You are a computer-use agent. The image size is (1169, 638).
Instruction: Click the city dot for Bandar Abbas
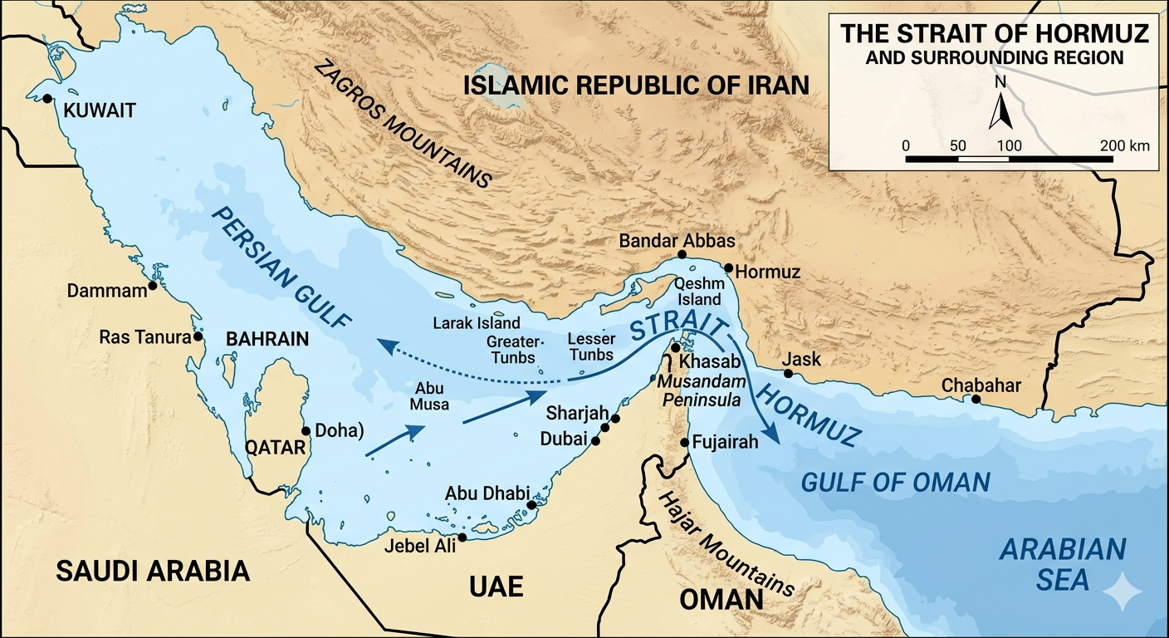pyautogui.click(x=682, y=254)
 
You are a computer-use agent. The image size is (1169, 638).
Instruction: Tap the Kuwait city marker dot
pyautogui.click(x=46, y=99)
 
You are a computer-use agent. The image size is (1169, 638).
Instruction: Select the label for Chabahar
pyautogui.click(x=981, y=385)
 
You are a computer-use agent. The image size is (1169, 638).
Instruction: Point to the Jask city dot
pyautogui.click(x=788, y=374)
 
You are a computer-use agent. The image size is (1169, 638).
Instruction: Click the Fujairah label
pyautogui.click(x=726, y=442)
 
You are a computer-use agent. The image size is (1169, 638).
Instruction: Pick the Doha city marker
pyautogui.click(x=306, y=430)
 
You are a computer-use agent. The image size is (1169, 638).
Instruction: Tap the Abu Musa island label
pyautogui.click(x=429, y=396)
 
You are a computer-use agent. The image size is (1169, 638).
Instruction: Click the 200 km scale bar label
pyautogui.click(x=1125, y=145)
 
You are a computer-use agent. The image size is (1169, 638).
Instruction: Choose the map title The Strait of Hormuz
pyautogui.click(x=995, y=34)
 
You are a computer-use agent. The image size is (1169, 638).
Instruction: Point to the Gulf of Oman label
pyautogui.click(x=895, y=482)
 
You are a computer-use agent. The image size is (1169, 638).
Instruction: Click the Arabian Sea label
pyautogui.click(x=1063, y=564)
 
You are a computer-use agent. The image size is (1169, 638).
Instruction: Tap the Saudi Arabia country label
pyautogui.click(x=153, y=571)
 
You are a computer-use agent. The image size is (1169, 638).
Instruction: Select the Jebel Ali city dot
pyautogui.click(x=462, y=537)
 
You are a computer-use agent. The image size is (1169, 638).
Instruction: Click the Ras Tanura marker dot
pyautogui.click(x=198, y=337)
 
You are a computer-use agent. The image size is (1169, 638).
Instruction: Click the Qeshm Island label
pyautogui.click(x=699, y=292)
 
